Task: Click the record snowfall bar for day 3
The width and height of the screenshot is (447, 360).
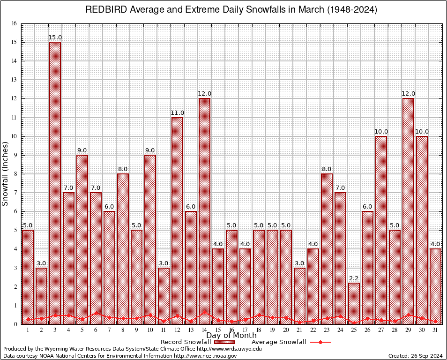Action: click(55, 183)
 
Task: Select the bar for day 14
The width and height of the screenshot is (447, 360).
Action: click(204, 211)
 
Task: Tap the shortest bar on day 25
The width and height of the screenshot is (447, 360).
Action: click(354, 303)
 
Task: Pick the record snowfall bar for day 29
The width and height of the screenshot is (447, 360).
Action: click(408, 211)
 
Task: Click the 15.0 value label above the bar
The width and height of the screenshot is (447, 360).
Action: click(55, 37)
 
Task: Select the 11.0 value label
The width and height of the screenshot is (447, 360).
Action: click(177, 113)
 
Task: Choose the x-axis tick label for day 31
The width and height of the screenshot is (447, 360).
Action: click(435, 330)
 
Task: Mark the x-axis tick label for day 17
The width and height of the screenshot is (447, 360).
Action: click(245, 330)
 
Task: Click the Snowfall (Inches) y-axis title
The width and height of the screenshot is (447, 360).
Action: click(6, 174)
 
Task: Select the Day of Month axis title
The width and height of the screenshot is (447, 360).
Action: click(231, 336)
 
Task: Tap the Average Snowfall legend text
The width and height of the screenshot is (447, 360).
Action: click(278, 342)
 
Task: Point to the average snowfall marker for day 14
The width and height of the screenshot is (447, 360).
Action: click(204, 312)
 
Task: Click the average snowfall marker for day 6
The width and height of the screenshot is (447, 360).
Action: click(96, 313)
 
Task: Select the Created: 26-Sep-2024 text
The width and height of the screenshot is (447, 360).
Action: click(415, 356)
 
